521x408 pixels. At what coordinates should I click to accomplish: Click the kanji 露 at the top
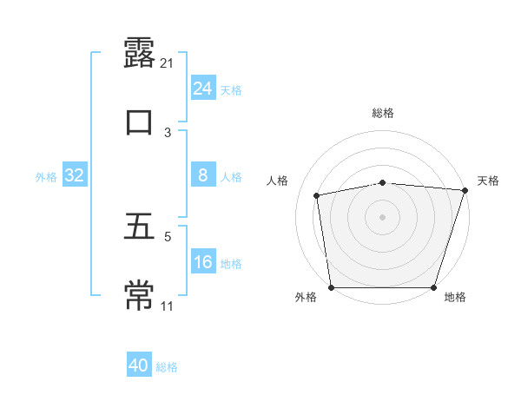point(139,51)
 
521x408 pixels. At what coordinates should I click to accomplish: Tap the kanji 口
point(139,121)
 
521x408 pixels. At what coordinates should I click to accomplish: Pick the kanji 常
point(139,294)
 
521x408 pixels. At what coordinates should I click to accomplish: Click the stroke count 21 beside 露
point(168,63)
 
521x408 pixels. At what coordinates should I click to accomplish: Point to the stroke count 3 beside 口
point(168,132)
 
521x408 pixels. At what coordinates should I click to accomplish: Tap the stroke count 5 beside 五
point(168,236)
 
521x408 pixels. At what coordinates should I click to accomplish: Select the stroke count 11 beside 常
point(168,306)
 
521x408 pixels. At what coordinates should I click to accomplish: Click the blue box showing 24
point(202,89)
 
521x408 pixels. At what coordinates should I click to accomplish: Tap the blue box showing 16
point(202,263)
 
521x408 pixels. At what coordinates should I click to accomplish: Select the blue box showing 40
point(139,366)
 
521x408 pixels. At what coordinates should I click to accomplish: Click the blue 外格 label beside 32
point(46,177)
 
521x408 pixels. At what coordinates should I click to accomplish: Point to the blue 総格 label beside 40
point(168,367)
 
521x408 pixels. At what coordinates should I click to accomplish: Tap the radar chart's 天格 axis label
point(488,181)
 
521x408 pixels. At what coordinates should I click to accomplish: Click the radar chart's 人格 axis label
point(279,181)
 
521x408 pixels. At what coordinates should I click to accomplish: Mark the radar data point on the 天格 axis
point(465,190)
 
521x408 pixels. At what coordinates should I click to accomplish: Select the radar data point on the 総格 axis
point(383,182)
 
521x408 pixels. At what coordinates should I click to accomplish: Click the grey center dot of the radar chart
point(383,216)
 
